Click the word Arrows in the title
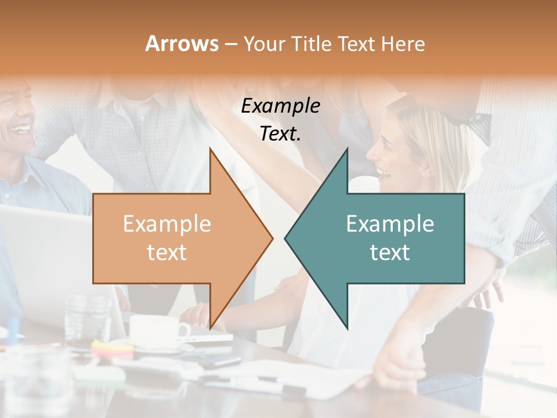pos(182,44)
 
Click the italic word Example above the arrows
pos(280,106)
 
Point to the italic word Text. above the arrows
pos(280,134)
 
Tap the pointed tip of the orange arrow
pos(271,238)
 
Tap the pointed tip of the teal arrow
pos(286,238)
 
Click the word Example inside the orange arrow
pos(167,224)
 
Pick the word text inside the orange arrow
pos(167,253)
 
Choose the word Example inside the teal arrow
pos(390,224)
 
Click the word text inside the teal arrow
pos(390,253)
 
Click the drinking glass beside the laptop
pos(87,318)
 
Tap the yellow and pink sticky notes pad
pos(112,348)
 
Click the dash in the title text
pos(230,44)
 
